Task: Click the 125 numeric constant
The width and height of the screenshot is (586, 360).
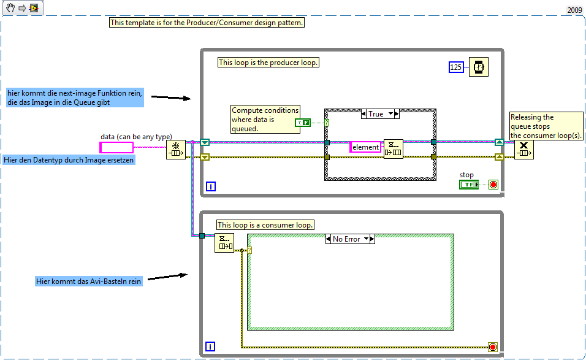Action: coord(455,67)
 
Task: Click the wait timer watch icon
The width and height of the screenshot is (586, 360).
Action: coord(478,67)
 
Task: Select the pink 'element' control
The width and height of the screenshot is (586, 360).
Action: coord(365,147)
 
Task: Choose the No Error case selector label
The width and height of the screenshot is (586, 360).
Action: coord(350,239)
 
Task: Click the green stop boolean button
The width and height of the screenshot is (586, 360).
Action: coord(469,185)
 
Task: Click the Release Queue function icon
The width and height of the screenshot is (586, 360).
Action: coord(523,149)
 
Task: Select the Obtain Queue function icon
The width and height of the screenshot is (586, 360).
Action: coord(176,149)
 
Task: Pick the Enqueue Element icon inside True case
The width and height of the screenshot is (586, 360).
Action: coord(394,148)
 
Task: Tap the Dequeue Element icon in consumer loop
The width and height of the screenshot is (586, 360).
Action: coord(224,243)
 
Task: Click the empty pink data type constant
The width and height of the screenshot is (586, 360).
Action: coord(116,147)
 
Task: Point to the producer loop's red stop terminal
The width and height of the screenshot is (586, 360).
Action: coord(493,185)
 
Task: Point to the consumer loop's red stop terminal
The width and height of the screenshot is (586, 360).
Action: coord(493,347)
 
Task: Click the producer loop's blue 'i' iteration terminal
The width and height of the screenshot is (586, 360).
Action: coord(211,186)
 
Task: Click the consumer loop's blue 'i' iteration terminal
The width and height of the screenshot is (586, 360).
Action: coord(211,347)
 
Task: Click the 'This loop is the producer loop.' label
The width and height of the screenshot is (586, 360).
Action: coord(268,63)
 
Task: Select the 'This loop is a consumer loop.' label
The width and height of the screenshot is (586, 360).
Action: coord(265,225)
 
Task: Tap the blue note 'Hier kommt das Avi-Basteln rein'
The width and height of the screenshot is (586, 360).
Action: coord(88,281)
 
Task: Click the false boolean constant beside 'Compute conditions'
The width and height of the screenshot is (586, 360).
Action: coord(303,123)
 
